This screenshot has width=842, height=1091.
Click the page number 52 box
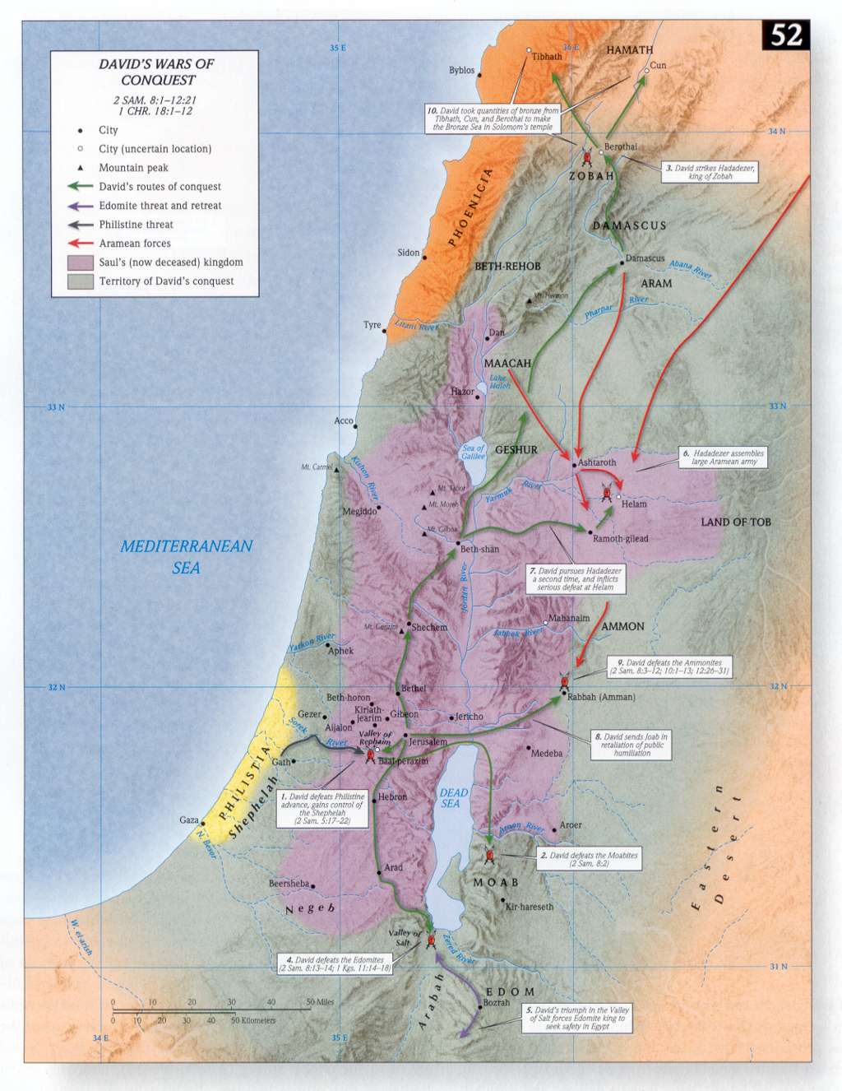pos(785,35)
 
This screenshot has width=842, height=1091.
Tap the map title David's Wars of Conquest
pos(157,72)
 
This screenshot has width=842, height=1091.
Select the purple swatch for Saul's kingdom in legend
pos(80,262)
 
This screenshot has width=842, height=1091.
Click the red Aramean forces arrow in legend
pos(80,244)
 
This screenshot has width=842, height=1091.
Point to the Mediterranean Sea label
pos(186,556)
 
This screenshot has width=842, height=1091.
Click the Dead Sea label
pos(453,797)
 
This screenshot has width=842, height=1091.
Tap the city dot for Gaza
pos(203,822)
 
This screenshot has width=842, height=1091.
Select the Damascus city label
pos(645,258)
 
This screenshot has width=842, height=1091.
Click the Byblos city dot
pos(479,76)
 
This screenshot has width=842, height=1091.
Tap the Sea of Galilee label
pos(473,452)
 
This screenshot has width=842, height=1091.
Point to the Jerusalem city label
pos(428,742)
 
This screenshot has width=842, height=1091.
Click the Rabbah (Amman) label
pos(601,697)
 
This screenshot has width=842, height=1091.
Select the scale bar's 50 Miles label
pos(320,1002)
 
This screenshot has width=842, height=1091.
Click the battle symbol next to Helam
pos(607,493)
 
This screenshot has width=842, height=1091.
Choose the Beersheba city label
pos(289,884)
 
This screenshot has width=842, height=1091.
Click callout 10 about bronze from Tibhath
pos(493,118)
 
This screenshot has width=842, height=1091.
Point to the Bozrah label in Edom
pos(497,1003)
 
